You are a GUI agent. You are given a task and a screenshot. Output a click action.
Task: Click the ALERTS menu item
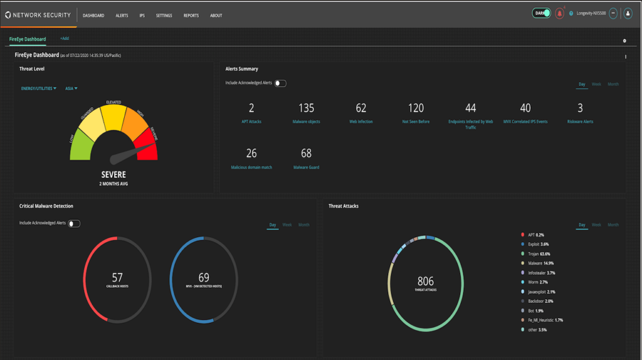tap(122, 16)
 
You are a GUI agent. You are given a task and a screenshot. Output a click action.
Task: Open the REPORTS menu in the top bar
tap(191, 16)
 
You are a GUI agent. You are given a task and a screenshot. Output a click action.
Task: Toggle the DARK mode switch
tap(542, 13)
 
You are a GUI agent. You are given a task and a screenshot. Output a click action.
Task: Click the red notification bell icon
tap(559, 14)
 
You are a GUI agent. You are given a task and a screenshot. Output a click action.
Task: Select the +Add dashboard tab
tap(65, 39)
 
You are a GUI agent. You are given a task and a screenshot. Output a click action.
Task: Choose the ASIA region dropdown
tap(71, 88)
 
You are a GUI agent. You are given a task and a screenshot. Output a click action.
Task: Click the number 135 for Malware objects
tap(306, 109)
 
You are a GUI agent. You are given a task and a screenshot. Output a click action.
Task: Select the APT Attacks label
tap(251, 122)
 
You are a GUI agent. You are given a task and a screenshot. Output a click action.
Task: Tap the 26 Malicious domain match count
tap(251, 154)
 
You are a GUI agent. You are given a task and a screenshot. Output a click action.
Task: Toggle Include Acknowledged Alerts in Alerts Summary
tap(280, 83)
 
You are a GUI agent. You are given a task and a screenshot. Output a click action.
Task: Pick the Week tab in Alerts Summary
tap(596, 84)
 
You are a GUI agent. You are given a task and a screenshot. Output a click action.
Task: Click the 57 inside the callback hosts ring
tap(117, 277)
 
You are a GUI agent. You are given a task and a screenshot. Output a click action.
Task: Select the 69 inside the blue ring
tap(204, 277)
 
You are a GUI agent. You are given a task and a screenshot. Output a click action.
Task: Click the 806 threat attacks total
tap(425, 282)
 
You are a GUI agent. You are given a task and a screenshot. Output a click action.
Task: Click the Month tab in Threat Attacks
tap(613, 225)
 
